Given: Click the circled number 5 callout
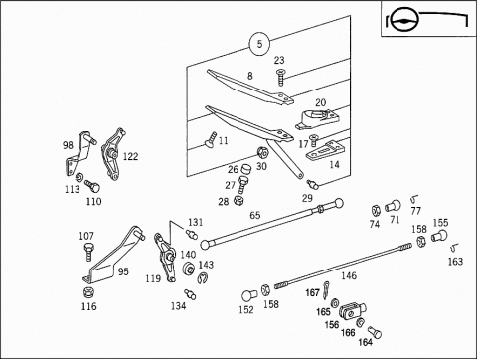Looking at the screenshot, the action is pos(259,44).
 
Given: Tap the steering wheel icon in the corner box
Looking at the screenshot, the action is pos(404,21).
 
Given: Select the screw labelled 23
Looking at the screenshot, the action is pos(281,78).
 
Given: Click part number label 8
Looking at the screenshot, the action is pos(250,76).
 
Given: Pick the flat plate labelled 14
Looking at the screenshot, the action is pos(322,151).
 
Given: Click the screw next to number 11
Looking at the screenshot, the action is pos(210,140).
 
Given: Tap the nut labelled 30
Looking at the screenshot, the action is pos(262,152).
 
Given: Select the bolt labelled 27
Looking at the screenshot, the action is pos(243,185).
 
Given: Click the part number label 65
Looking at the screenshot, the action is pos(255,215).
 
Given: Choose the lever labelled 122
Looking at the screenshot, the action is pos(112,154).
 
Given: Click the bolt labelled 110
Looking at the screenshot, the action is pos(92,186).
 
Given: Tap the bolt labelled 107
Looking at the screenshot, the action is pos(88,252).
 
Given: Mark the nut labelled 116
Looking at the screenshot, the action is pos(88,292).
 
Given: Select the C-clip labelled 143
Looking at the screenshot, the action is pos(202,278).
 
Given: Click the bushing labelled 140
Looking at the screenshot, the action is pos(188,269).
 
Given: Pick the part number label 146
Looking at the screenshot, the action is pos(349,275).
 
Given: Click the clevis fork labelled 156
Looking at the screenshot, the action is pos(353,311).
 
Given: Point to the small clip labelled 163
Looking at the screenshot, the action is pos(454,248).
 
